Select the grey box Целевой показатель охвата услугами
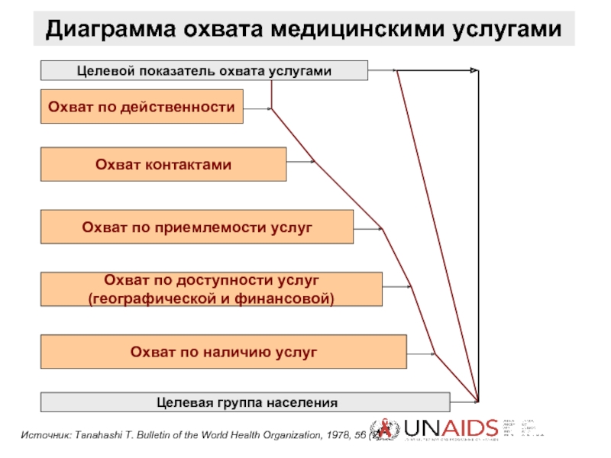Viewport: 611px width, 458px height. coord(204,70)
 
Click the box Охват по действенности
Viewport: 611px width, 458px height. coord(141,108)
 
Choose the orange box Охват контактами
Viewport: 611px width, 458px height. coord(163,165)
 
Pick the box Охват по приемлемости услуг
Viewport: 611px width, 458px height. coord(196,227)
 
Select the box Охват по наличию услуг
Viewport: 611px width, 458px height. coord(223,352)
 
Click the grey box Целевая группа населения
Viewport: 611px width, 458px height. coord(245,402)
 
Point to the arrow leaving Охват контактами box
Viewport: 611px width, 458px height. coord(301,161)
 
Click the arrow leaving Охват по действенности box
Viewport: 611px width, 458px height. coord(258,109)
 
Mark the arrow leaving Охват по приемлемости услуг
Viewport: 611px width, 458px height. coord(368,227)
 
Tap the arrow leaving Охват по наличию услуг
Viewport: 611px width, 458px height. coord(420,353)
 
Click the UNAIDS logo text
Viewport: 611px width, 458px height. coord(451,430)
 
